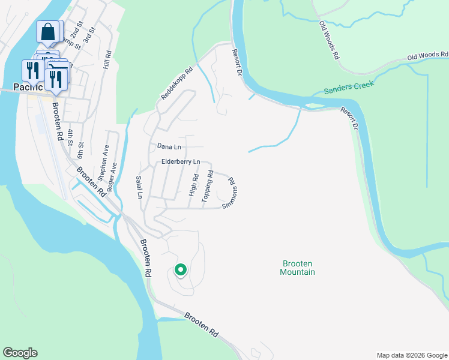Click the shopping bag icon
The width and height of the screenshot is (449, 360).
click(x=49, y=31)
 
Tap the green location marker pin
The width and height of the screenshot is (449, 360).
click(x=180, y=271)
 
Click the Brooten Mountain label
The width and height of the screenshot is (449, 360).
click(x=298, y=268)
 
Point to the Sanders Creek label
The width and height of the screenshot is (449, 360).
click(x=349, y=88)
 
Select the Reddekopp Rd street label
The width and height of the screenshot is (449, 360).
click(x=176, y=83)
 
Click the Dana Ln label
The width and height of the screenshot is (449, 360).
click(x=169, y=146)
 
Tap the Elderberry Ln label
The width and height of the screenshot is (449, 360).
click(x=180, y=162)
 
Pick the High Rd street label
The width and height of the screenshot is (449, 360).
click(x=193, y=185)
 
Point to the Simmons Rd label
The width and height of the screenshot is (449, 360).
click(x=231, y=193)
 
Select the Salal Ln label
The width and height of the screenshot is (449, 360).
click(x=139, y=187)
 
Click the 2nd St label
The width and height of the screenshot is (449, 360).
click(x=76, y=35)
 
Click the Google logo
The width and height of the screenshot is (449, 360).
click(x=20, y=353)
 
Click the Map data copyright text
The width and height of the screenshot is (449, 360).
click(x=412, y=355)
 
